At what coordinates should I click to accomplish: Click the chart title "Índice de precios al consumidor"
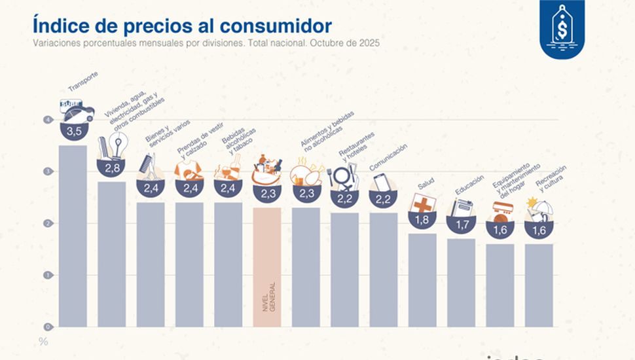(x=182, y=26)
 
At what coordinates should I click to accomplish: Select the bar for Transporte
(x=73, y=236)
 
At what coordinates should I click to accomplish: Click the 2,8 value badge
(x=112, y=169)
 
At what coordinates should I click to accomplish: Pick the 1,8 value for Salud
(x=422, y=221)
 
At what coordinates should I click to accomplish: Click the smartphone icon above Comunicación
(x=382, y=183)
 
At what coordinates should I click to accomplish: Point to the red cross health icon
(x=422, y=204)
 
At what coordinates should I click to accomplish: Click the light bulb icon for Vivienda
(x=118, y=146)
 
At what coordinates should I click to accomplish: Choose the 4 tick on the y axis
(x=46, y=120)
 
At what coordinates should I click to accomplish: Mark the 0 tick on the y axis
(x=46, y=327)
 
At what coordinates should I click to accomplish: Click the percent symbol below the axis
(x=43, y=342)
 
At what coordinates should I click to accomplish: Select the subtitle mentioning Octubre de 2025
(x=206, y=43)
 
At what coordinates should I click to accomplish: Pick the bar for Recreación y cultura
(x=538, y=285)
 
